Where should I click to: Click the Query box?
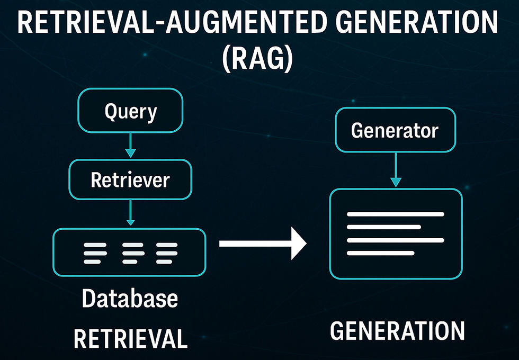click(x=131, y=112)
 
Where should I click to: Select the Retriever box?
click(x=130, y=180)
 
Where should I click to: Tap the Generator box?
click(x=395, y=130)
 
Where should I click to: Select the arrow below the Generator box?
click(x=395, y=170)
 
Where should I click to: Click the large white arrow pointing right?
click(x=263, y=244)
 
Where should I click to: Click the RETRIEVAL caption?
click(x=130, y=338)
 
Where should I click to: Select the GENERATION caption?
click(x=397, y=331)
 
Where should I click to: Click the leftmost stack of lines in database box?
click(x=96, y=254)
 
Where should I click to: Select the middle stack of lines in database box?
click(x=133, y=254)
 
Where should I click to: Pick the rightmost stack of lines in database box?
click(x=167, y=254)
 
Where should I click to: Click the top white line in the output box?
click(x=395, y=214)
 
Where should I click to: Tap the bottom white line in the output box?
click(x=380, y=253)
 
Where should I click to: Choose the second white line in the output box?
click(x=384, y=227)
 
